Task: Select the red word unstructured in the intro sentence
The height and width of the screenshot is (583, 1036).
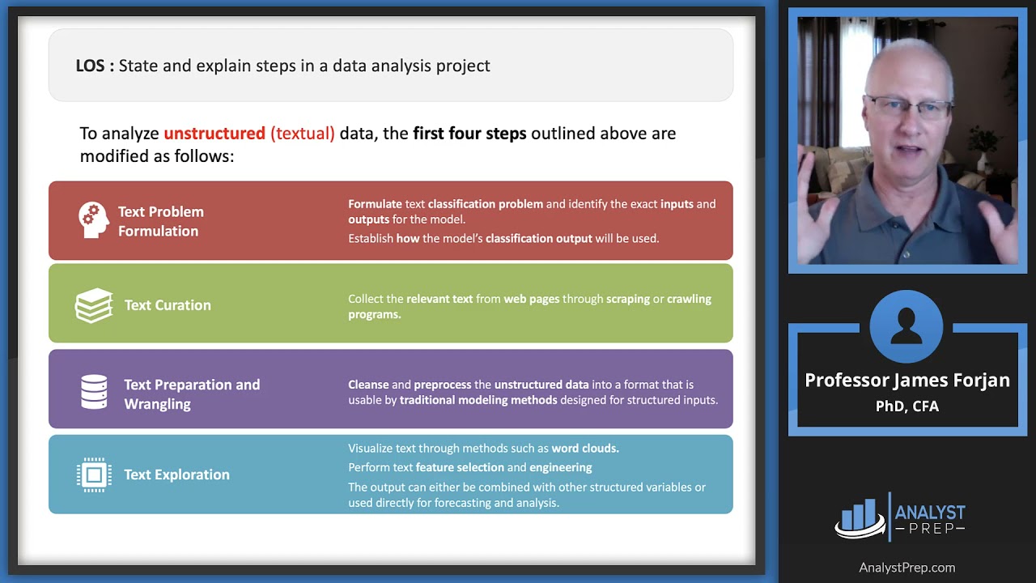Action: tap(214, 133)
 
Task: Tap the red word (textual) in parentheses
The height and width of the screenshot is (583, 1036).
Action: tap(303, 133)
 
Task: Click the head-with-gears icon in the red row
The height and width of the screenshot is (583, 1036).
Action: tap(93, 220)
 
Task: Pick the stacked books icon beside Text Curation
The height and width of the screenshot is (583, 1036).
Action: tap(94, 305)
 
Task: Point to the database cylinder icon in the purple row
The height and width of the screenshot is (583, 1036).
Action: tap(94, 392)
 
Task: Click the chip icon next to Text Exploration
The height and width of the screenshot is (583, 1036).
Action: tap(94, 474)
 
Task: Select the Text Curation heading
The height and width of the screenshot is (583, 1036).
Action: tap(168, 305)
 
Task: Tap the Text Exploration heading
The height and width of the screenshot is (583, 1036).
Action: tap(176, 474)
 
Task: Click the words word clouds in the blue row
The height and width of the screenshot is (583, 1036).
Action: tap(584, 448)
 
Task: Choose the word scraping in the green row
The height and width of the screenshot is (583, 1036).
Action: tap(628, 299)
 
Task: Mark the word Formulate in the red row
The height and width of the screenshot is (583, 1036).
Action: tap(375, 204)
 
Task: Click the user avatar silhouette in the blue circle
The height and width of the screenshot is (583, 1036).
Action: tap(906, 326)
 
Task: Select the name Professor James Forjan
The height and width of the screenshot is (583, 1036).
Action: tap(906, 381)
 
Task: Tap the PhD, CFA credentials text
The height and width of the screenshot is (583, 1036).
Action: tap(906, 406)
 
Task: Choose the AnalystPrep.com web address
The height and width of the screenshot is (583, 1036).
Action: tap(906, 568)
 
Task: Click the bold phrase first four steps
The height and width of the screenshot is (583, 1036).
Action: tap(469, 133)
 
